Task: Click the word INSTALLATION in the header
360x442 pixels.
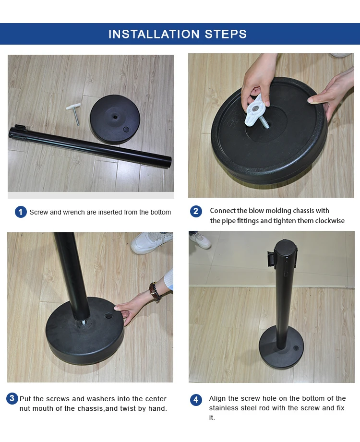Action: click(x=154, y=34)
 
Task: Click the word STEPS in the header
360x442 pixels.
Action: click(x=226, y=34)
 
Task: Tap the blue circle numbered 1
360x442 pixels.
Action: click(x=21, y=212)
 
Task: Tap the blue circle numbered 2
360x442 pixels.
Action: click(x=196, y=212)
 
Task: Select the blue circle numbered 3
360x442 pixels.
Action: click(x=12, y=398)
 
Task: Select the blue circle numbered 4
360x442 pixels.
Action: click(x=196, y=400)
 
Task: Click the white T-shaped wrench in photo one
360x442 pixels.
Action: click(x=74, y=113)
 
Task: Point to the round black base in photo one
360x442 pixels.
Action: click(x=115, y=119)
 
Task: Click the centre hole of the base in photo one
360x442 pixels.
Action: click(x=115, y=117)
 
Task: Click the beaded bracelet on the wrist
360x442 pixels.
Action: click(x=155, y=292)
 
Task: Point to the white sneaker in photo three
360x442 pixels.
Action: click(x=151, y=242)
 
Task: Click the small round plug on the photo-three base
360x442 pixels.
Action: click(x=108, y=316)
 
